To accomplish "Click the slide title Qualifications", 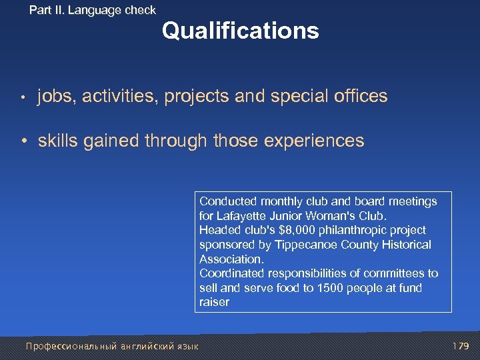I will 240,31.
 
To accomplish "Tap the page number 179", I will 461,346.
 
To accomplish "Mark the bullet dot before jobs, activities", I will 23,97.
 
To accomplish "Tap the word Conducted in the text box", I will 227,201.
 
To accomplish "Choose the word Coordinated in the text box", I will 231,273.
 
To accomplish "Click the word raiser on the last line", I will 213,302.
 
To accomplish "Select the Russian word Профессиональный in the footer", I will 71,346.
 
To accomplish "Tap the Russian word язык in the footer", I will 187,346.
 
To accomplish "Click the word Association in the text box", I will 231,259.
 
